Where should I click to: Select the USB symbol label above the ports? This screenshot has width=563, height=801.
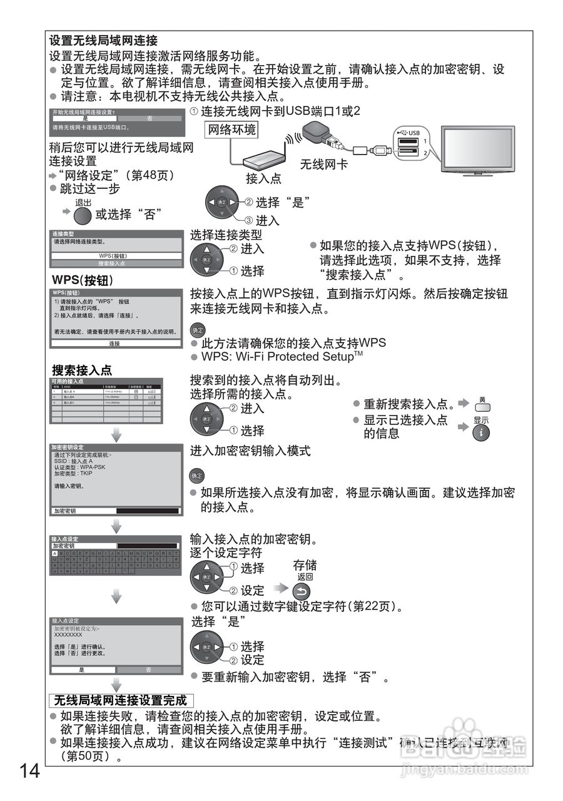409,133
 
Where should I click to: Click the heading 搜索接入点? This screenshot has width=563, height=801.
82,370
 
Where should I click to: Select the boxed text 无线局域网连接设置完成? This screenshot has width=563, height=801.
120,700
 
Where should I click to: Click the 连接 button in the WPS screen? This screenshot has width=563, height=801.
114,344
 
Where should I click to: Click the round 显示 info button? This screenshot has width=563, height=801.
480,432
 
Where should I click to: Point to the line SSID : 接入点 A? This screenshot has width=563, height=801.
74,461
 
